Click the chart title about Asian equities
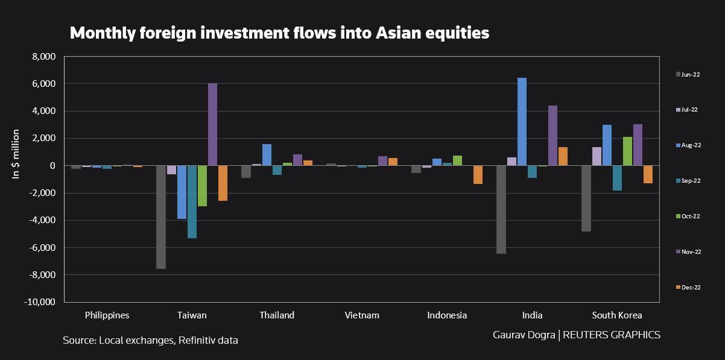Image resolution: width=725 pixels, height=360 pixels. [279, 33]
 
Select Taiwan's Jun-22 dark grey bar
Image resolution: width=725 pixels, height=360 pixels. [161, 217]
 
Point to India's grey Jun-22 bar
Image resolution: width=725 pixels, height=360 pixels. [501, 209]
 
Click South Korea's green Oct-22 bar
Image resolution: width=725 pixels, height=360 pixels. [627, 151]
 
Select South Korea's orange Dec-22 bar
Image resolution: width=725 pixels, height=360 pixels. [648, 174]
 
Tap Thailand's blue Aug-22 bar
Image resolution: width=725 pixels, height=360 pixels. [267, 155]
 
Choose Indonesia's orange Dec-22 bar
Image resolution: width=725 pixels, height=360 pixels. [478, 175]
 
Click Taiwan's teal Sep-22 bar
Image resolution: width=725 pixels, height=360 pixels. [192, 201]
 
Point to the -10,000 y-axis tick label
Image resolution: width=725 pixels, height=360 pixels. [40, 302]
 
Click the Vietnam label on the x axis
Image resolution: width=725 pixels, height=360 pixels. [362, 315]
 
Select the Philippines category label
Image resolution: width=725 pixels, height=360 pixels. [107, 315]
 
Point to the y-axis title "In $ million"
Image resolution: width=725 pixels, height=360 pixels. [16, 154]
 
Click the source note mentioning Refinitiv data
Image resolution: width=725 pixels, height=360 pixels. [150, 341]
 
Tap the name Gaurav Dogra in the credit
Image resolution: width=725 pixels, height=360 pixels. [524, 335]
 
